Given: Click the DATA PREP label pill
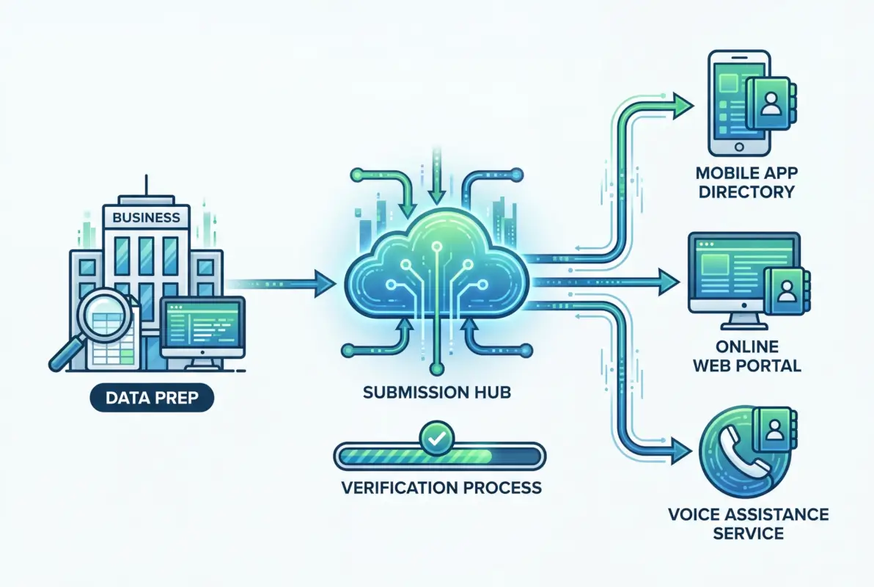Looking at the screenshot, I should point(150,399).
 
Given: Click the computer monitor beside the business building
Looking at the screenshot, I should point(202,327).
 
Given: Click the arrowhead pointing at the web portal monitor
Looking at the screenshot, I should point(669,279).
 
